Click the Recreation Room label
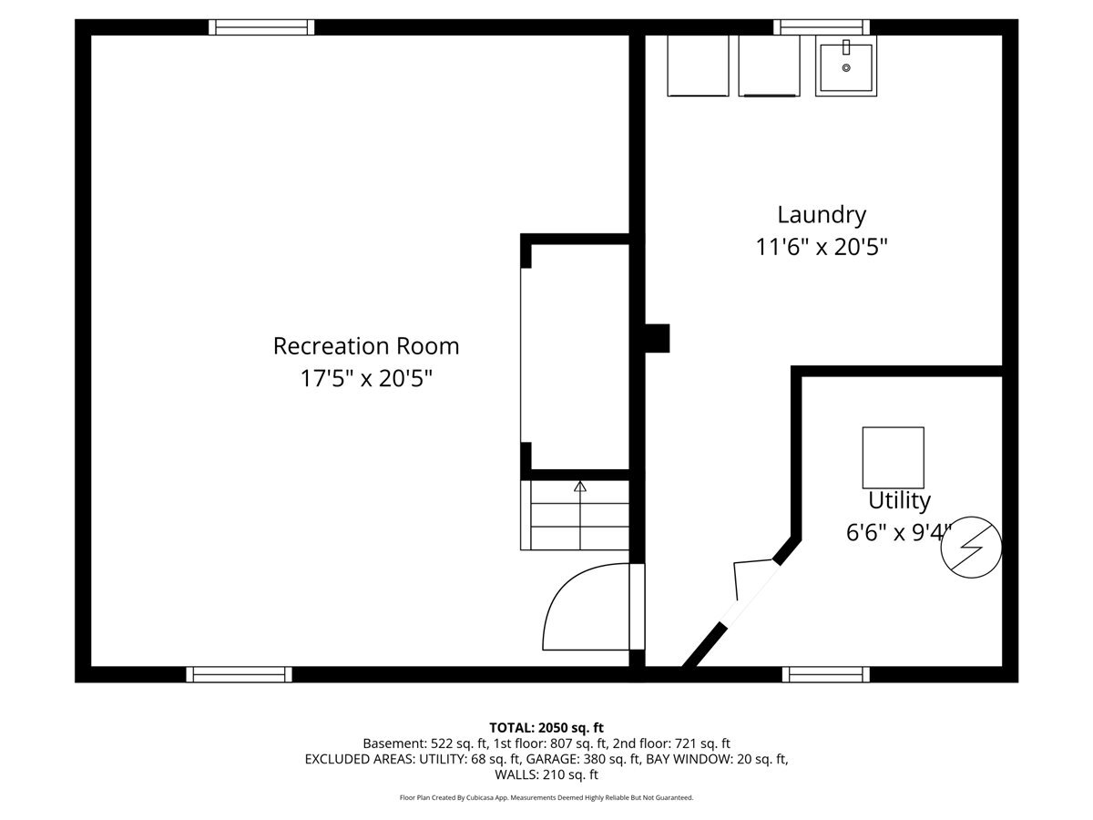[366, 346]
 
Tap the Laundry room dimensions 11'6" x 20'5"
[822, 246]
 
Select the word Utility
[899, 501]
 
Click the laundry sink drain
[846, 67]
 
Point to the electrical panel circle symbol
[971, 548]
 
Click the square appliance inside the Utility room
[894, 457]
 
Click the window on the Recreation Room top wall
[261, 27]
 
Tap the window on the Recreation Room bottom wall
[239, 674]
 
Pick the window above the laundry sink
[822, 27]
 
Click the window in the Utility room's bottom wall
[826, 674]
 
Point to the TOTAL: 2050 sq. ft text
[546, 728]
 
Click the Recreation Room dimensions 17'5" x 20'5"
[366, 378]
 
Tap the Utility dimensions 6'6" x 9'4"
[899, 533]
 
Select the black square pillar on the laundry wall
[658, 339]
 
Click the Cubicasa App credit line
[546, 797]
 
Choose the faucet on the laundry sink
[846, 47]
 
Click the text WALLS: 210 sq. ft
[546, 774]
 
